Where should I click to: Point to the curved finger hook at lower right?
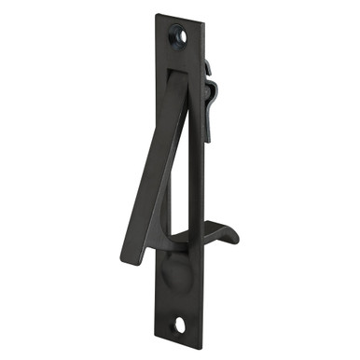coord(221,228)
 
